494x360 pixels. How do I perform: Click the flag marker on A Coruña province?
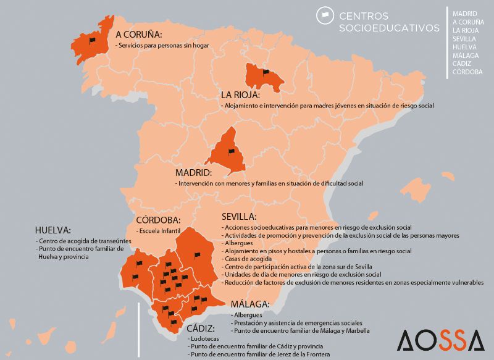92,41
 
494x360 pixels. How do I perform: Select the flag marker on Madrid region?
232,151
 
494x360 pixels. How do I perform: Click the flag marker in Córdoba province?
198,254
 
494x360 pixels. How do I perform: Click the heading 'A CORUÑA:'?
138,35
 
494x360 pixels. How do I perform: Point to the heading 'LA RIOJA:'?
241,96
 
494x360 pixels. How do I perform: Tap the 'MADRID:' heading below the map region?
193,173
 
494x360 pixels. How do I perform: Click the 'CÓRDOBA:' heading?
158,220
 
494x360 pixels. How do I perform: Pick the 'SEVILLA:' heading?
238,217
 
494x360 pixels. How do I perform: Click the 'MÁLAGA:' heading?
249,304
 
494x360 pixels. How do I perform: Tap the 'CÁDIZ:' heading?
201,329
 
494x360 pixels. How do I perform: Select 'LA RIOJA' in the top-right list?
466,30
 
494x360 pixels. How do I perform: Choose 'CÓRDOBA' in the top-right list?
467,72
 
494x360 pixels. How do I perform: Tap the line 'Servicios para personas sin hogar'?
162,45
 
